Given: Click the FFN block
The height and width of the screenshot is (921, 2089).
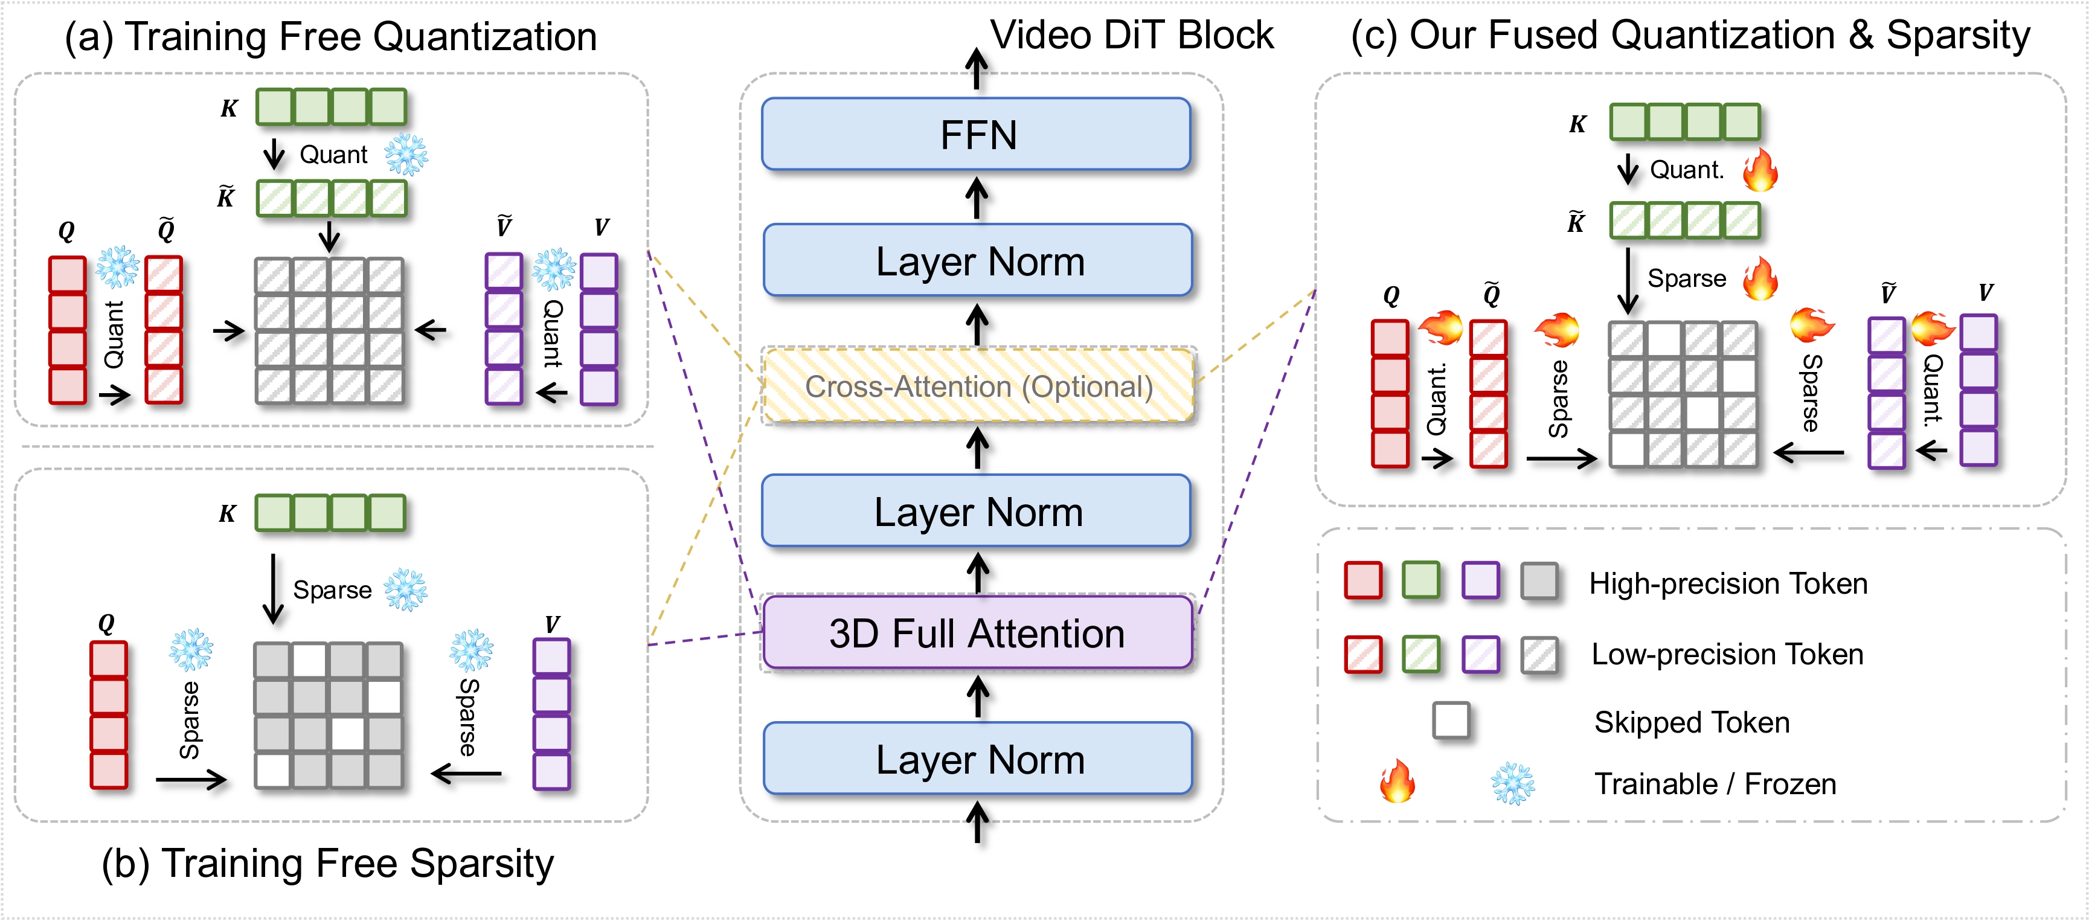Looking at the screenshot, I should [977, 135].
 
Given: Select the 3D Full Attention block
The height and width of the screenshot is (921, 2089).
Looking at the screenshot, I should [977, 633].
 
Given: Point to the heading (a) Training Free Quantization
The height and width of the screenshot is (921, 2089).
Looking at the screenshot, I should [331, 37].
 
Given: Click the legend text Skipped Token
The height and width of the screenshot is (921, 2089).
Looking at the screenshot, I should [1692, 722].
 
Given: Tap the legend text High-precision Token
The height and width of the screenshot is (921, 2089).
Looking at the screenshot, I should [1727, 584].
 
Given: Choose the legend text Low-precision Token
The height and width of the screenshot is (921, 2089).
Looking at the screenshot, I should [1727, 654].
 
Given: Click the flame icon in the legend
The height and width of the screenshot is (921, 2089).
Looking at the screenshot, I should [1397, 781].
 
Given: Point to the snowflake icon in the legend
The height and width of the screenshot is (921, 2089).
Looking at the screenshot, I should [1512, 784].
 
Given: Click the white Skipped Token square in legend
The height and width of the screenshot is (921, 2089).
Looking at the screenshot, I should [1451, 720].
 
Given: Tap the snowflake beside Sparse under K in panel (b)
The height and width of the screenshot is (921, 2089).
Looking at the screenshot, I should [405, 589].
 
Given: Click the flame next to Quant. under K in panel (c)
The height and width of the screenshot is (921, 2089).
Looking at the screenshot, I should [1760, 170].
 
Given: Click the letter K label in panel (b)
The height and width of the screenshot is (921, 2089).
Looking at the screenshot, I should [228, 514].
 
